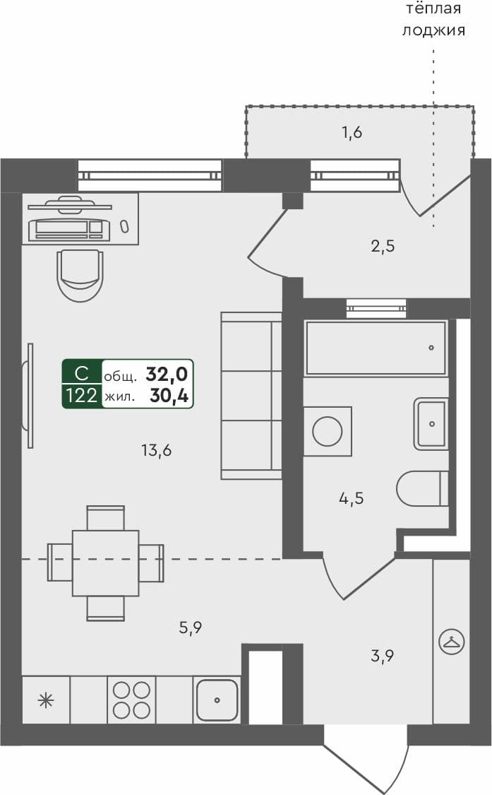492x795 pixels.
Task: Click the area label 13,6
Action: (157, 449)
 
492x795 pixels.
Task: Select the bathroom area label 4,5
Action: (351, 498)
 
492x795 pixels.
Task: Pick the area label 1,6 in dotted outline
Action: (352, 131)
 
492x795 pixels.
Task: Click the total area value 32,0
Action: (167, 374)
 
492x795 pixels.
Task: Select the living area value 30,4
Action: (169, 396)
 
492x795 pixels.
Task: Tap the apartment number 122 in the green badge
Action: (82, 396)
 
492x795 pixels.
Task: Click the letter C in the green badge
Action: (82, 373)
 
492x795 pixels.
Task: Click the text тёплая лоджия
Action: (433, 19)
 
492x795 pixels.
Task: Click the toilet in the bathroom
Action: (422, 488)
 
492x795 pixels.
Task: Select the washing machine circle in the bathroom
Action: (328, 430)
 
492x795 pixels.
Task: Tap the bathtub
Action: (375, 348)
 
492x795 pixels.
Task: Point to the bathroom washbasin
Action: (431, 423)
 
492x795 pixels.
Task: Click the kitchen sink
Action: (217, 700)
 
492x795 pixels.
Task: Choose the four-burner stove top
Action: (131, 700)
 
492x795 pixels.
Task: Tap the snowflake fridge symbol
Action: (46, 700)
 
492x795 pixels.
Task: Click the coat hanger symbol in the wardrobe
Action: (450, 642)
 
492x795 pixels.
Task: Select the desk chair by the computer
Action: (80, 274)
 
